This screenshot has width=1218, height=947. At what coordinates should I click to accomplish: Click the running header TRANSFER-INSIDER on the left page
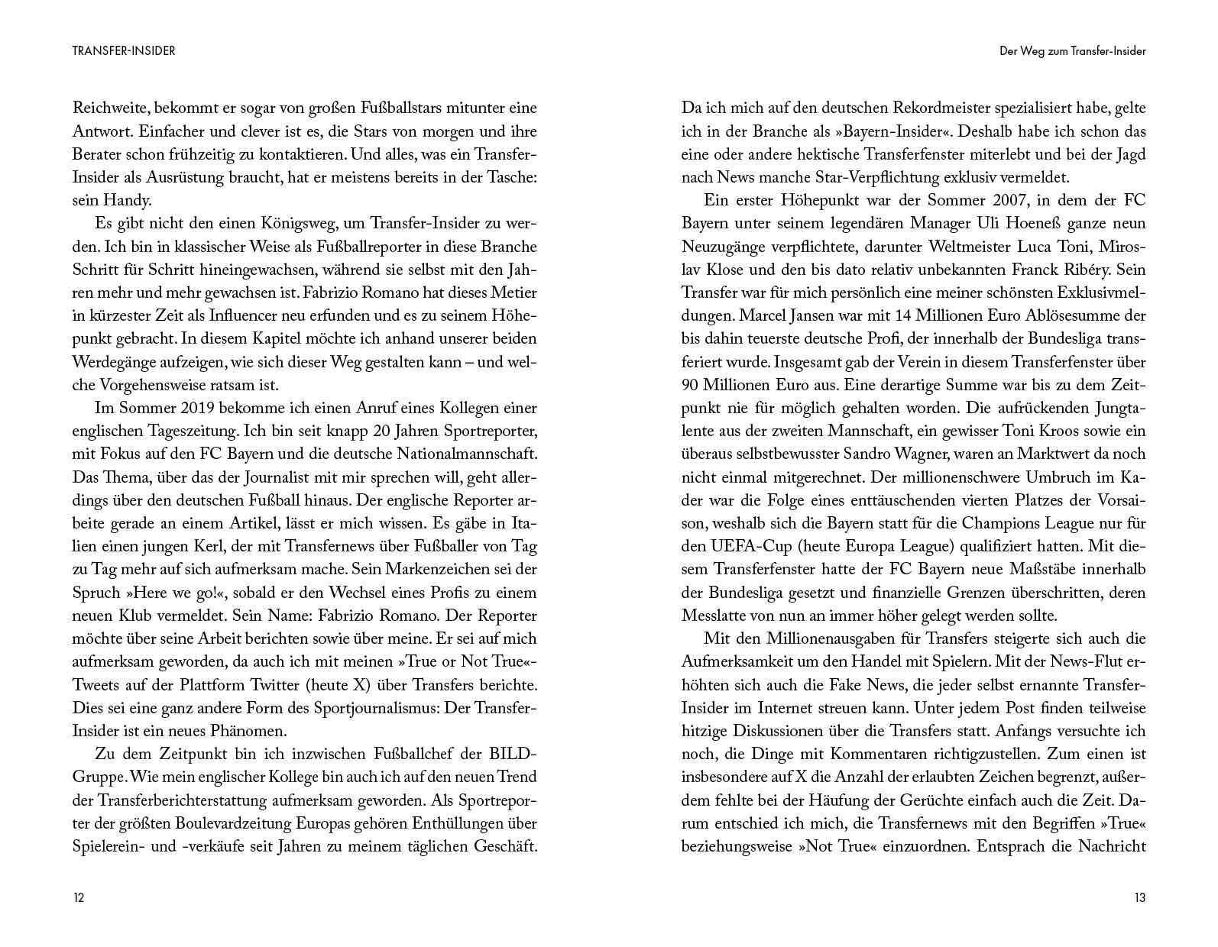[x=124, y=51]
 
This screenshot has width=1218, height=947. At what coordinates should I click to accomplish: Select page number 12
[x=79, y=897]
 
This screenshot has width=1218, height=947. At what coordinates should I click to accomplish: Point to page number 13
[x=1139, y=897]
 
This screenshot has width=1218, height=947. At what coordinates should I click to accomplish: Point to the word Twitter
[x=300, y=684]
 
